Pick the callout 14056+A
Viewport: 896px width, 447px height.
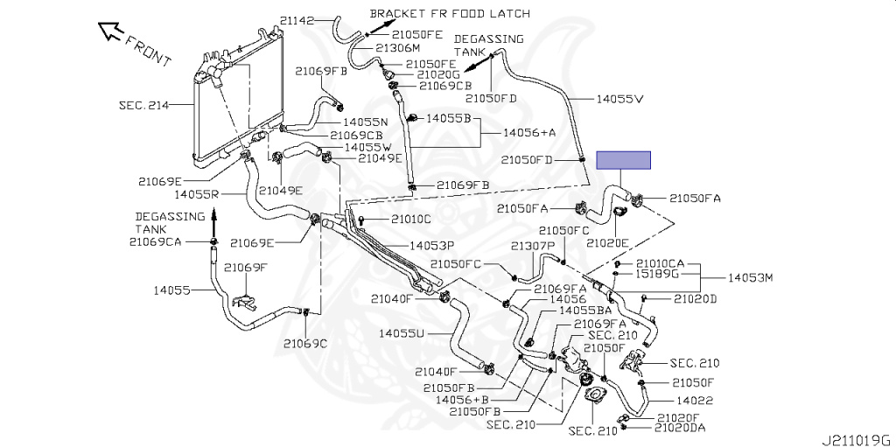tap(529, 132)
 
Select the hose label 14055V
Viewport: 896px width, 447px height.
tap(619, 99)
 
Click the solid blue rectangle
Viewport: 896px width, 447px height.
tap(624, 159)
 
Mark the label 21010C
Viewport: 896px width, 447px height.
tap(411, 219)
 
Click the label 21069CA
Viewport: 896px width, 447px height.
tap(155, 241)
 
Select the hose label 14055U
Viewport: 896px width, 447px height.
tap(402, 333)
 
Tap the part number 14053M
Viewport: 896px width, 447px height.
tap(752, 278)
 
